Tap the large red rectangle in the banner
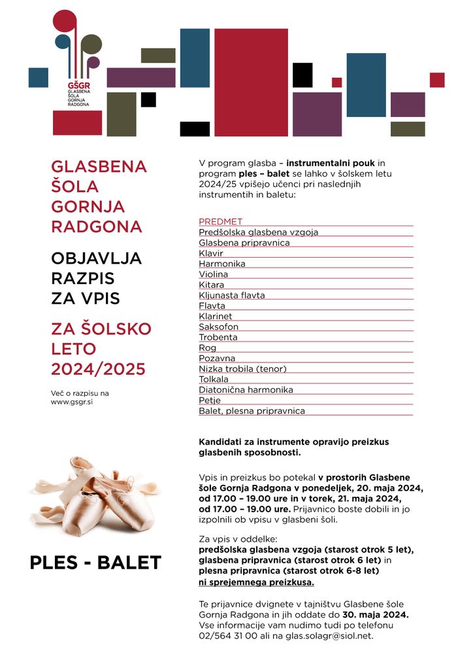coord(251,82)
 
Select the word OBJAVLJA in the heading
coord(96,258)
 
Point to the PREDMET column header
coord(220,222)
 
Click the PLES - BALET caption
coord(95,563)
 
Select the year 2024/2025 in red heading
coord(98,369)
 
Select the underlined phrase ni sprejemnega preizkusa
coord(256,582)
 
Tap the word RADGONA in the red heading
coord(96,226)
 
